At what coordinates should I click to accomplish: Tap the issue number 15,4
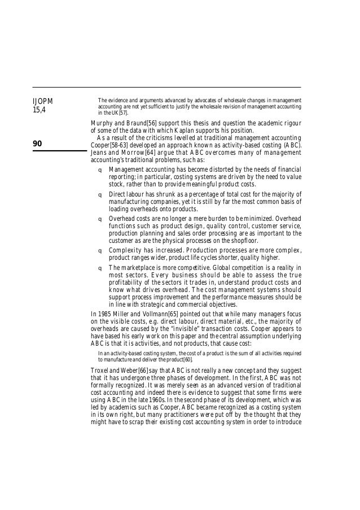tap(39, 110)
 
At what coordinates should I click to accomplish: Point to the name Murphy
tap(104, 124)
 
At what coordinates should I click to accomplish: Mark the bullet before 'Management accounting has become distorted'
tap(100, 169)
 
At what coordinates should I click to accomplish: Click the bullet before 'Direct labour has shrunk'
tap(100, 194)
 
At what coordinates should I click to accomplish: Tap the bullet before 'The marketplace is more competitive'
tap(100, 267)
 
